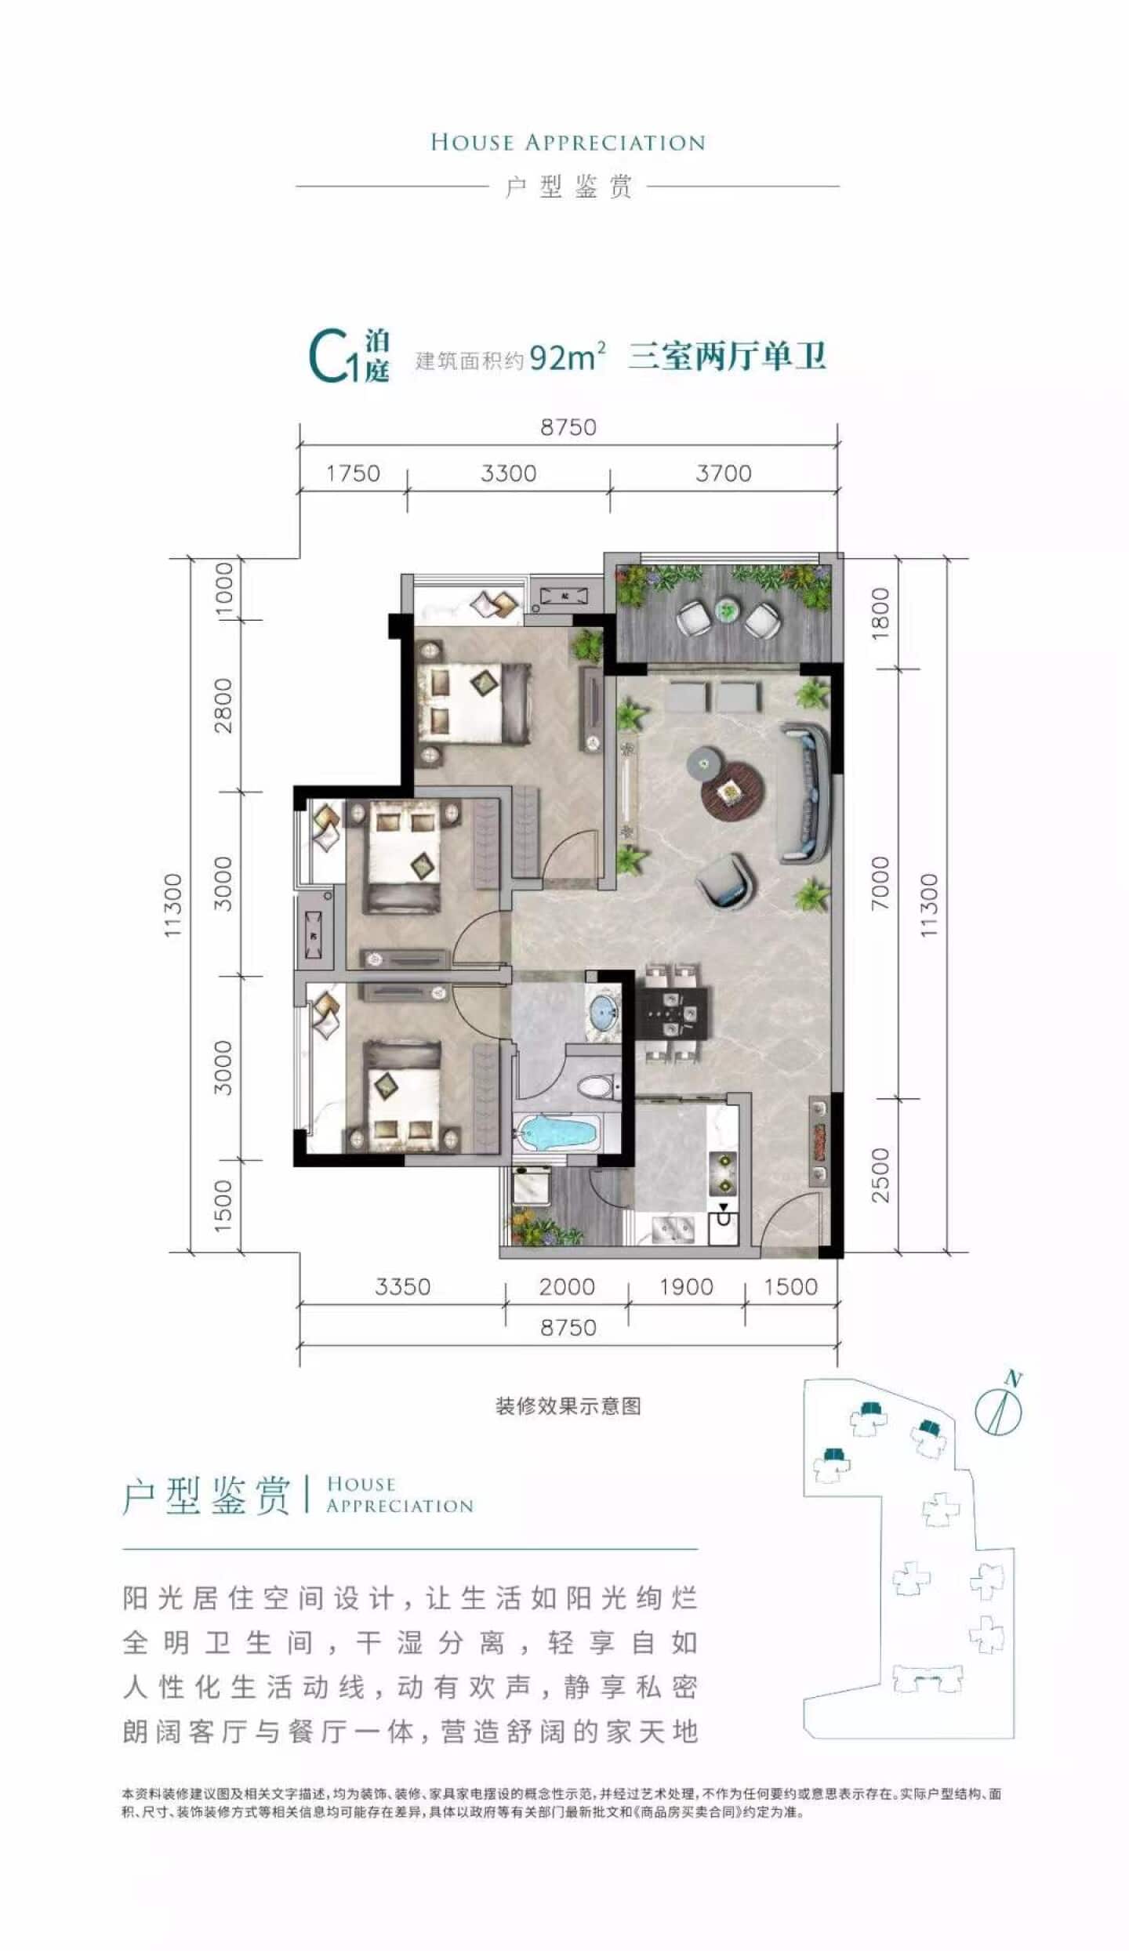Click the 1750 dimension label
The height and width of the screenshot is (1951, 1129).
point(353,473)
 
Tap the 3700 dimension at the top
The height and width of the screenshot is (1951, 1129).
point(723,473)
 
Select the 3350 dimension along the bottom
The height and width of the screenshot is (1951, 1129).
point(402,1286)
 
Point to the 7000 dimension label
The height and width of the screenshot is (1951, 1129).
point(880,883)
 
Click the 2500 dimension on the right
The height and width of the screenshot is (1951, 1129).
point(880,1175)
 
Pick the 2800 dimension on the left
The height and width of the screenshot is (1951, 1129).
point(223,705)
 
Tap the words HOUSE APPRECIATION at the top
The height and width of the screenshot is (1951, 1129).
point(568,143)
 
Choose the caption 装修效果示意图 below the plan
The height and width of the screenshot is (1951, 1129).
point(568,1406)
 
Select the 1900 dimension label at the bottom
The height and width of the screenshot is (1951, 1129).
point(686,1286)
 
